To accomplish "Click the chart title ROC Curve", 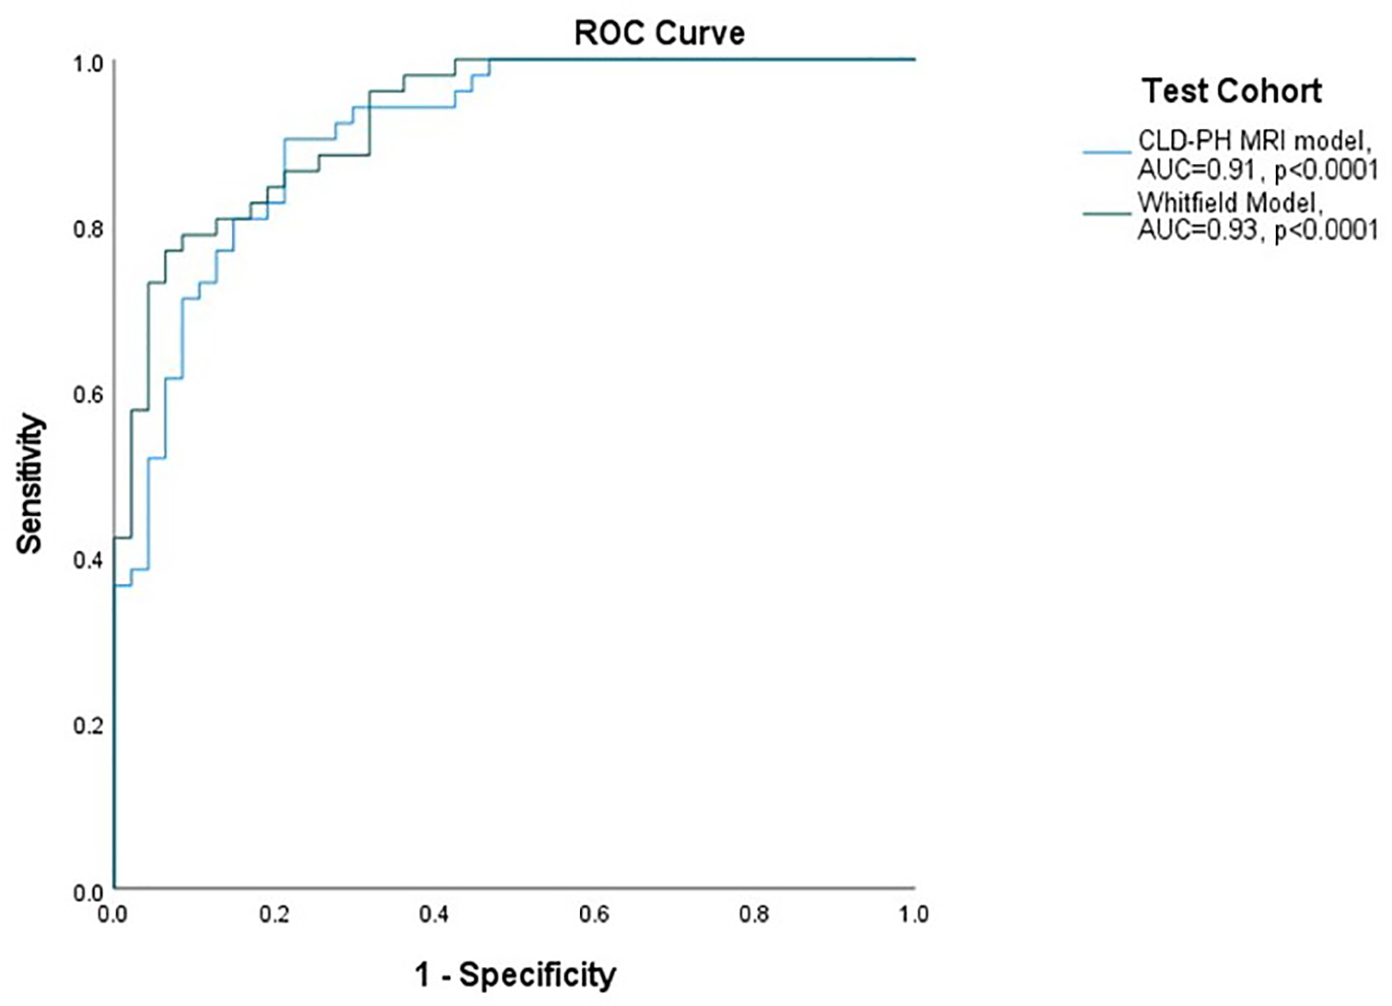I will [659, 33].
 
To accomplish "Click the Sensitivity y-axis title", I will [30, 484].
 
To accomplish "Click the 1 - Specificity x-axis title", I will [515, 974].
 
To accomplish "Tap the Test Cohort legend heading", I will [1231, 91].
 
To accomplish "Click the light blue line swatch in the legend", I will [1106, 151].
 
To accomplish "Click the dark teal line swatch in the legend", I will [1106, 213].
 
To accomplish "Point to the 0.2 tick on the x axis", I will [274, 914].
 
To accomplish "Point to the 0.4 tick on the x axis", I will [433, 914].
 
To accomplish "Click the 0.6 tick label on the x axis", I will [594, 914].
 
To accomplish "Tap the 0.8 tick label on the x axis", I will [754, 914].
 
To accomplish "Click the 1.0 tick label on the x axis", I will [913, 914].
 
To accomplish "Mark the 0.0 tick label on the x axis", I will [112, 914].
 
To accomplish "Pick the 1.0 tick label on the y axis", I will [88, 64].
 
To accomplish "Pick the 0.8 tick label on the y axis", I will [88, 228].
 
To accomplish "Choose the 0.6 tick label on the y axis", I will [88, 394].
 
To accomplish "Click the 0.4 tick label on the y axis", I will [88, 560].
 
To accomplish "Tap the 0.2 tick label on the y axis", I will [88, 725].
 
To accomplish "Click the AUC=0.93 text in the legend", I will [1199, 230].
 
